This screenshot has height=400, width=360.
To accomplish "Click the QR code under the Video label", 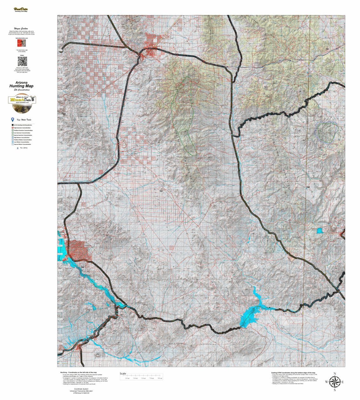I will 22,61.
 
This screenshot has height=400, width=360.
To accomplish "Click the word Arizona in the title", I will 21,83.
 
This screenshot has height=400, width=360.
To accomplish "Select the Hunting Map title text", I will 21,86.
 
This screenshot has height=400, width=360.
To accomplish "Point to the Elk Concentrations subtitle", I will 22,90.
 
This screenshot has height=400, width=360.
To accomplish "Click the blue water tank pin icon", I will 12,120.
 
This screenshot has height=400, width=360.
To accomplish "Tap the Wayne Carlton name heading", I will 21,29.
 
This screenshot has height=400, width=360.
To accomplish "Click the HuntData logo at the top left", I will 21,9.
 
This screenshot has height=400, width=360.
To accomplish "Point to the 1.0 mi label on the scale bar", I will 127,378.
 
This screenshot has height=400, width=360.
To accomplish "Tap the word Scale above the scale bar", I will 123,374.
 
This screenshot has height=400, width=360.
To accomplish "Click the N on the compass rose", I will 335,374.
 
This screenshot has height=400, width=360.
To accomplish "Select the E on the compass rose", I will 342,382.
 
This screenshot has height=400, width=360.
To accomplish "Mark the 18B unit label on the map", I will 308,187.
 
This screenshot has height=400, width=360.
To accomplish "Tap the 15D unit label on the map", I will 64,114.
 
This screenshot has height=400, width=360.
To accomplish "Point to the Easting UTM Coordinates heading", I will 293,372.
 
